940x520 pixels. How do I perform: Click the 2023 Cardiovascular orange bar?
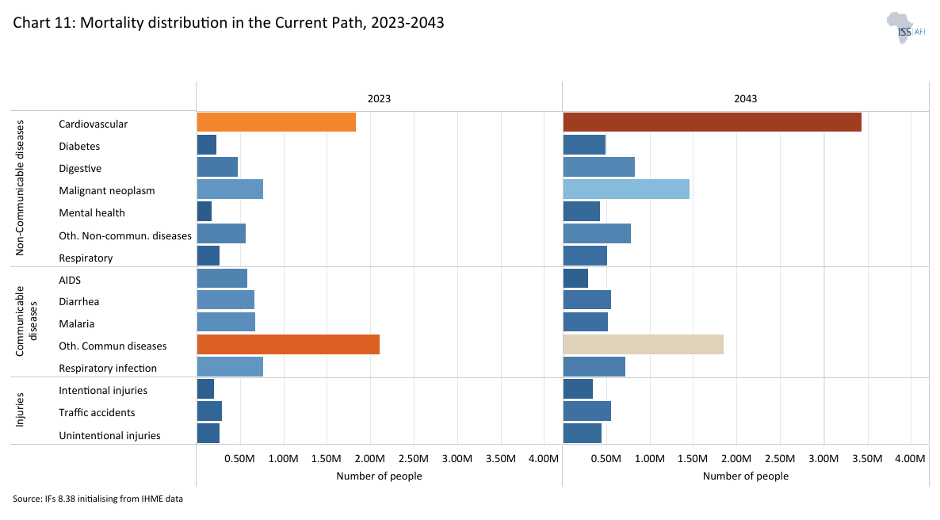[276, 123]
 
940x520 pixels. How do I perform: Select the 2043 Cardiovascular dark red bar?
[712, 123]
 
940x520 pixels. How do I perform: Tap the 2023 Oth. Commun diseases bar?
[288, 345]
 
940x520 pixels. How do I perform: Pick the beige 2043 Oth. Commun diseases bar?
[643, 345]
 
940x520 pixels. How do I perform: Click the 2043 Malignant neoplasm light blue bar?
[626, 189]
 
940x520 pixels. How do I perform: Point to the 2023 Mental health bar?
[204, 212]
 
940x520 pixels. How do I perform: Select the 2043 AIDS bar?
[575, 279]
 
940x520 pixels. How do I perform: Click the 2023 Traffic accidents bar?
[209, 412]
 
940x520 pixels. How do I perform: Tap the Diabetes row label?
[79, 146]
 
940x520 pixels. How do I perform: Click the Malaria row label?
[77, 323]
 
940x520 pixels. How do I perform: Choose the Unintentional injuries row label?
[109, 435]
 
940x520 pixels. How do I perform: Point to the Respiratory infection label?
[108, 368]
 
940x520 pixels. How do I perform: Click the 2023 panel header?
[379, 99]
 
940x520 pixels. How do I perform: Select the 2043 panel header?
[745, 99]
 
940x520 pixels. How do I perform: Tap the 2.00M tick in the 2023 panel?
[369, 458]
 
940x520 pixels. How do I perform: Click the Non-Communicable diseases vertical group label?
[21, 189]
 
